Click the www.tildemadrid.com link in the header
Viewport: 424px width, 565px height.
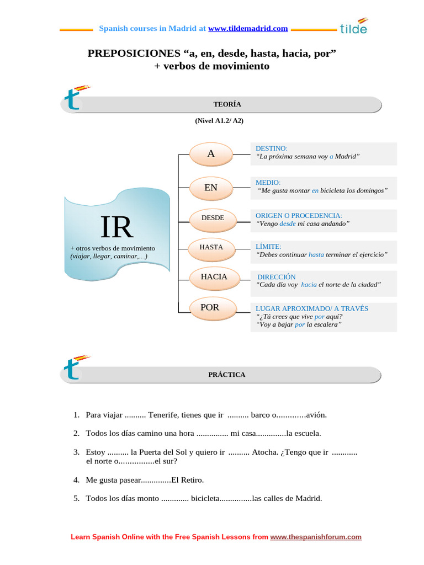pos(248,28)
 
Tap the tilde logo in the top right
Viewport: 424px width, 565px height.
pos(354,27)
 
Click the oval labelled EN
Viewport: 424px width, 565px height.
pos(211,188)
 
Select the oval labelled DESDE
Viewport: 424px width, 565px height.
pos(213,218)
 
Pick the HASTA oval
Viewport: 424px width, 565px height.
pos(211,247)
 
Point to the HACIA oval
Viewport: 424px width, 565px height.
pos(214,276)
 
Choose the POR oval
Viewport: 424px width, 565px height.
pos(210,307)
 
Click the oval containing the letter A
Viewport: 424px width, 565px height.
pos(211,154)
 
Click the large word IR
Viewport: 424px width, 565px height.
pos(116,226)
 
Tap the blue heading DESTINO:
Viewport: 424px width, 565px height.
pos(272,148)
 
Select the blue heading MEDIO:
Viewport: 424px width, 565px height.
pos(268,182)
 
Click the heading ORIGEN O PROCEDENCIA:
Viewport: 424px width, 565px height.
pos(299,215)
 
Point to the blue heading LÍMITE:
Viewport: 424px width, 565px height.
pos(269,246)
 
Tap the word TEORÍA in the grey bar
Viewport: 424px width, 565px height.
pos(227,104)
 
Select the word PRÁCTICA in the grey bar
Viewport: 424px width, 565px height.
pos(226,374)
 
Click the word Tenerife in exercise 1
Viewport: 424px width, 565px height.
pos(166,414)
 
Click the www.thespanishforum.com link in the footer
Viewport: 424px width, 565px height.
pos(316,536)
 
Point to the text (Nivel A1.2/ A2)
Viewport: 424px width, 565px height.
pos(219,120)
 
